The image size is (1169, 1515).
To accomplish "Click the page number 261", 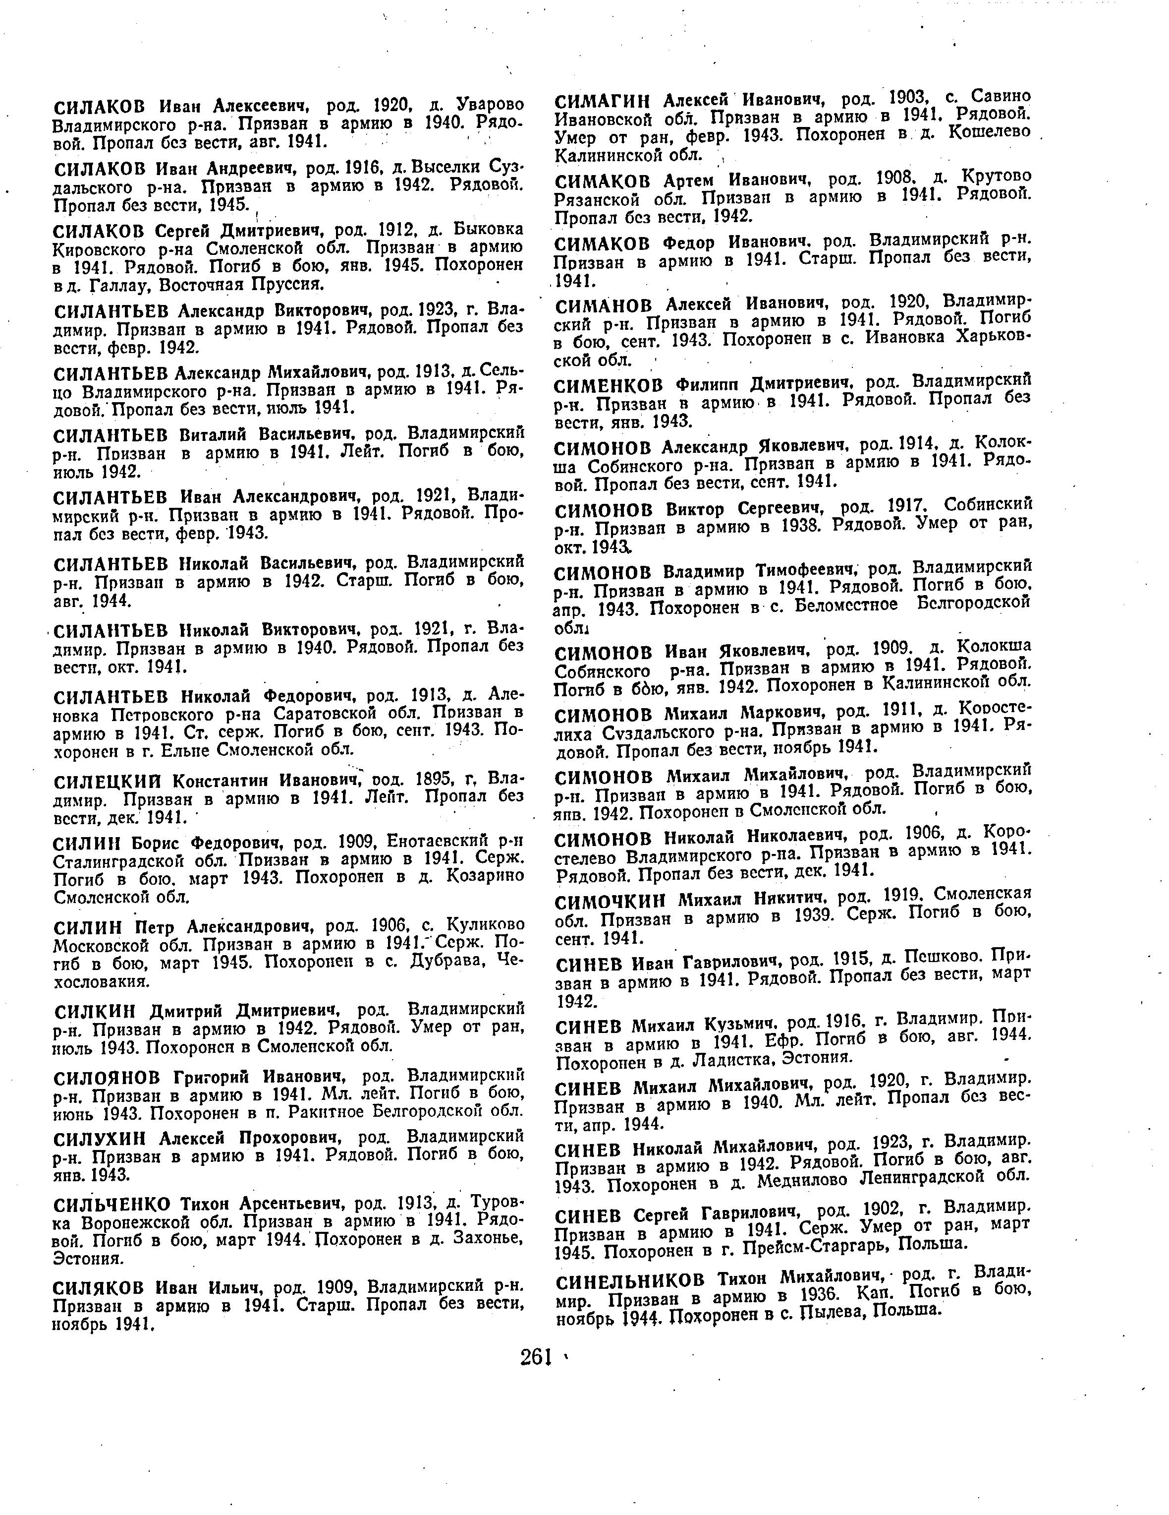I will click(x=535, y=1357).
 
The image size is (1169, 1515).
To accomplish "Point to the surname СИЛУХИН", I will click(x=101, y=1138).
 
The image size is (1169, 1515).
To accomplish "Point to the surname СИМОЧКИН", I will click(x=610, y=901).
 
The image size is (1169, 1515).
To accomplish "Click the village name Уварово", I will click(x=489, y=106).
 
